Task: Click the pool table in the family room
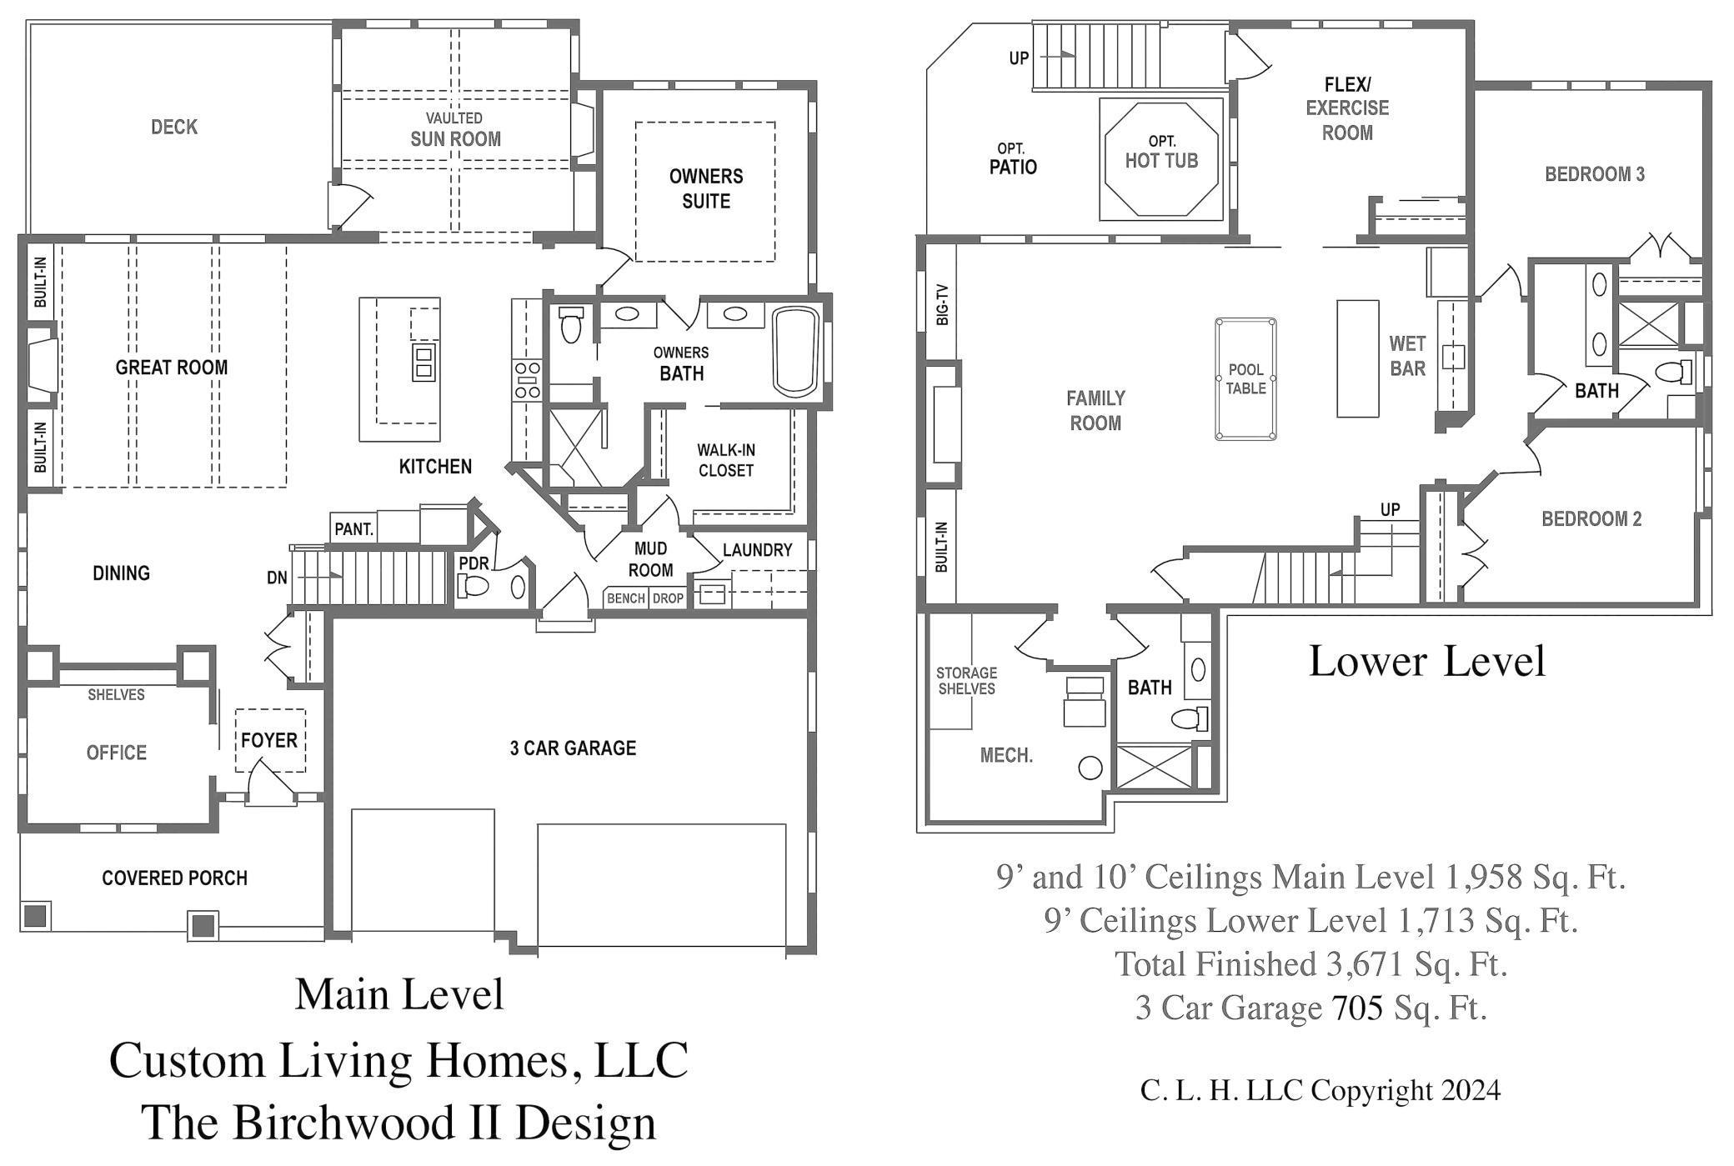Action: [x=1245, y=378]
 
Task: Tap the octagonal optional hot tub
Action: [x=1160, y=159]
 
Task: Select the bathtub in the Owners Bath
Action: [x=795, y=351]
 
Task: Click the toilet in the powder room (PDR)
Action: [x=473, y=586]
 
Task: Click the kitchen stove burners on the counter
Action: [x=527, y=380]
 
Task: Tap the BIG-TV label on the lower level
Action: [x=942, y=304]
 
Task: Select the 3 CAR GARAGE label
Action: [x=573, y=748]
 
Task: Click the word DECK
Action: [x=174, y=127]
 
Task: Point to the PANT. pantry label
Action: [x=354, y=529]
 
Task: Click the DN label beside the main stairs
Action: [x=277, y=577]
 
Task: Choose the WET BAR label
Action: [x=1407, y=356]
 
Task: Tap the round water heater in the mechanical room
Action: [x=1090, y=768]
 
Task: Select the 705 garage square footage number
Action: [x=1357, y=1008]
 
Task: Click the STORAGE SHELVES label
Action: [x=966, y=680]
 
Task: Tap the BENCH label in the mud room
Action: [x=625, y=598]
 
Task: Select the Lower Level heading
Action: [x=1427, y=661]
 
